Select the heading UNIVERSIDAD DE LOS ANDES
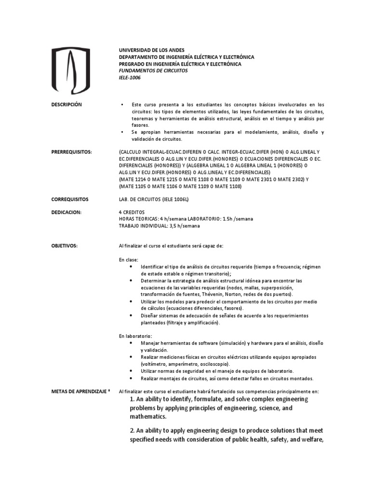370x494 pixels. tap(152, 50)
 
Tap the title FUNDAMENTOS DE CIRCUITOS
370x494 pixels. tap(153, 70)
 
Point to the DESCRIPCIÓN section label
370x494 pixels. tap(66, 104)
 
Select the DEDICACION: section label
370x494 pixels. tap(66, 212)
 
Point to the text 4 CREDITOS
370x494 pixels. tap(132, 212)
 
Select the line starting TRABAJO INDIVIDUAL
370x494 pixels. tap(159, 225)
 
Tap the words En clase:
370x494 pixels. tap(129, 260)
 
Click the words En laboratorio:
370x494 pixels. tap(135, 335)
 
